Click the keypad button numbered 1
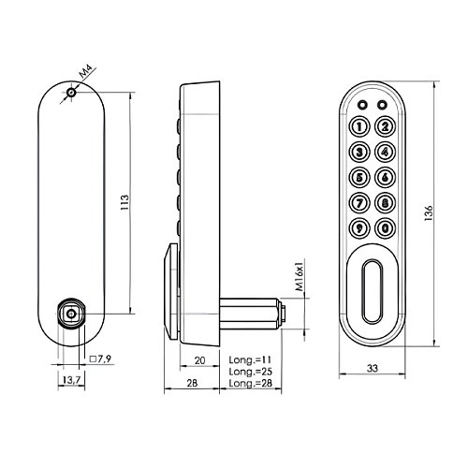coord(359,126)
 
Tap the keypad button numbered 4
coord(386,153)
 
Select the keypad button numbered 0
coord(386,228)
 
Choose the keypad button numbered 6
coord(386,178)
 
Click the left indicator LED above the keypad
coord(362,105)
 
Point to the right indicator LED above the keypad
coord(382,105)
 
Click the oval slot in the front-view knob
coord(373,291)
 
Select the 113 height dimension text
coord(124,202)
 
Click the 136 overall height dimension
coord(429,213)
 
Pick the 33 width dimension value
coord(373,368)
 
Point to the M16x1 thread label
coord(300,274)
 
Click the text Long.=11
coord(250,359)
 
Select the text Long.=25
coord(251,372)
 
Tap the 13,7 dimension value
coord(71,380)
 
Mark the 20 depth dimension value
coord(199,360)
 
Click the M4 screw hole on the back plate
coord(71,93)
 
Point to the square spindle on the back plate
coord(71,314)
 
